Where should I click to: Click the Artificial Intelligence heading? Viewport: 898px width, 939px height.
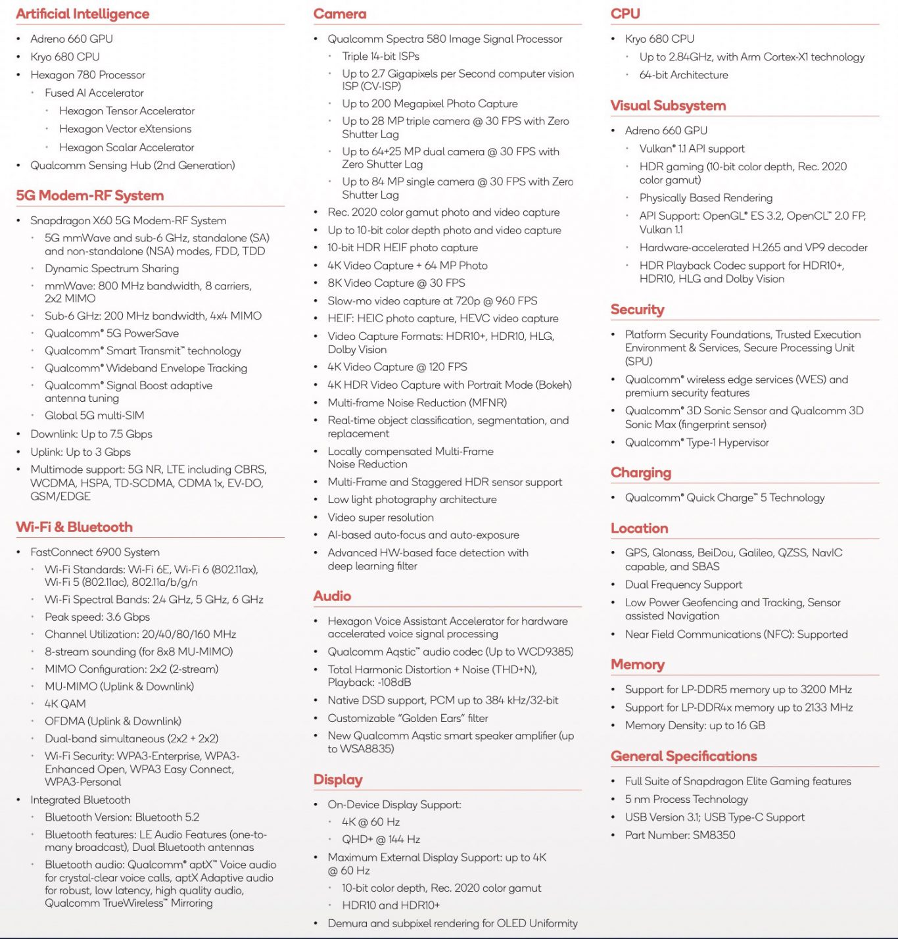82,14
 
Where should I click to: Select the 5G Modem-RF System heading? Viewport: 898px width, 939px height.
89,195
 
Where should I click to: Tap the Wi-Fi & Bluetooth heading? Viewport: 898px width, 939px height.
74,527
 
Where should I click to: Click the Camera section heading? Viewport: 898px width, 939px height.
340,14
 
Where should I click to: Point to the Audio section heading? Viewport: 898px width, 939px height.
332,596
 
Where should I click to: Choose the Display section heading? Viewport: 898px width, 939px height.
338,779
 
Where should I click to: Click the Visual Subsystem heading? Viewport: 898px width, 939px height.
668,105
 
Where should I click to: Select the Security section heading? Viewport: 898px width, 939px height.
637,309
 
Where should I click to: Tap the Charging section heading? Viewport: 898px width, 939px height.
640,472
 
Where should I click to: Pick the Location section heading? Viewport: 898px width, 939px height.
639,528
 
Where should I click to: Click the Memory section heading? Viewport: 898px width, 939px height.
637,664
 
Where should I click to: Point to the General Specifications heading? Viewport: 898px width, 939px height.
684,756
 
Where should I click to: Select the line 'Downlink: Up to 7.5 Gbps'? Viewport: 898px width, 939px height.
91,434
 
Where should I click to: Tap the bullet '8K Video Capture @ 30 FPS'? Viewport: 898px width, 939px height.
396,283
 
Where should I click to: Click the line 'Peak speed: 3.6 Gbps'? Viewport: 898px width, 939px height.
97,617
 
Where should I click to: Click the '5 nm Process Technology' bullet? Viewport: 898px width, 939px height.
686,799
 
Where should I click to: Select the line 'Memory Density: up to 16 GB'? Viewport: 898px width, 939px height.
695,725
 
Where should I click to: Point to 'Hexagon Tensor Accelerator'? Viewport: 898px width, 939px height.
127,111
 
